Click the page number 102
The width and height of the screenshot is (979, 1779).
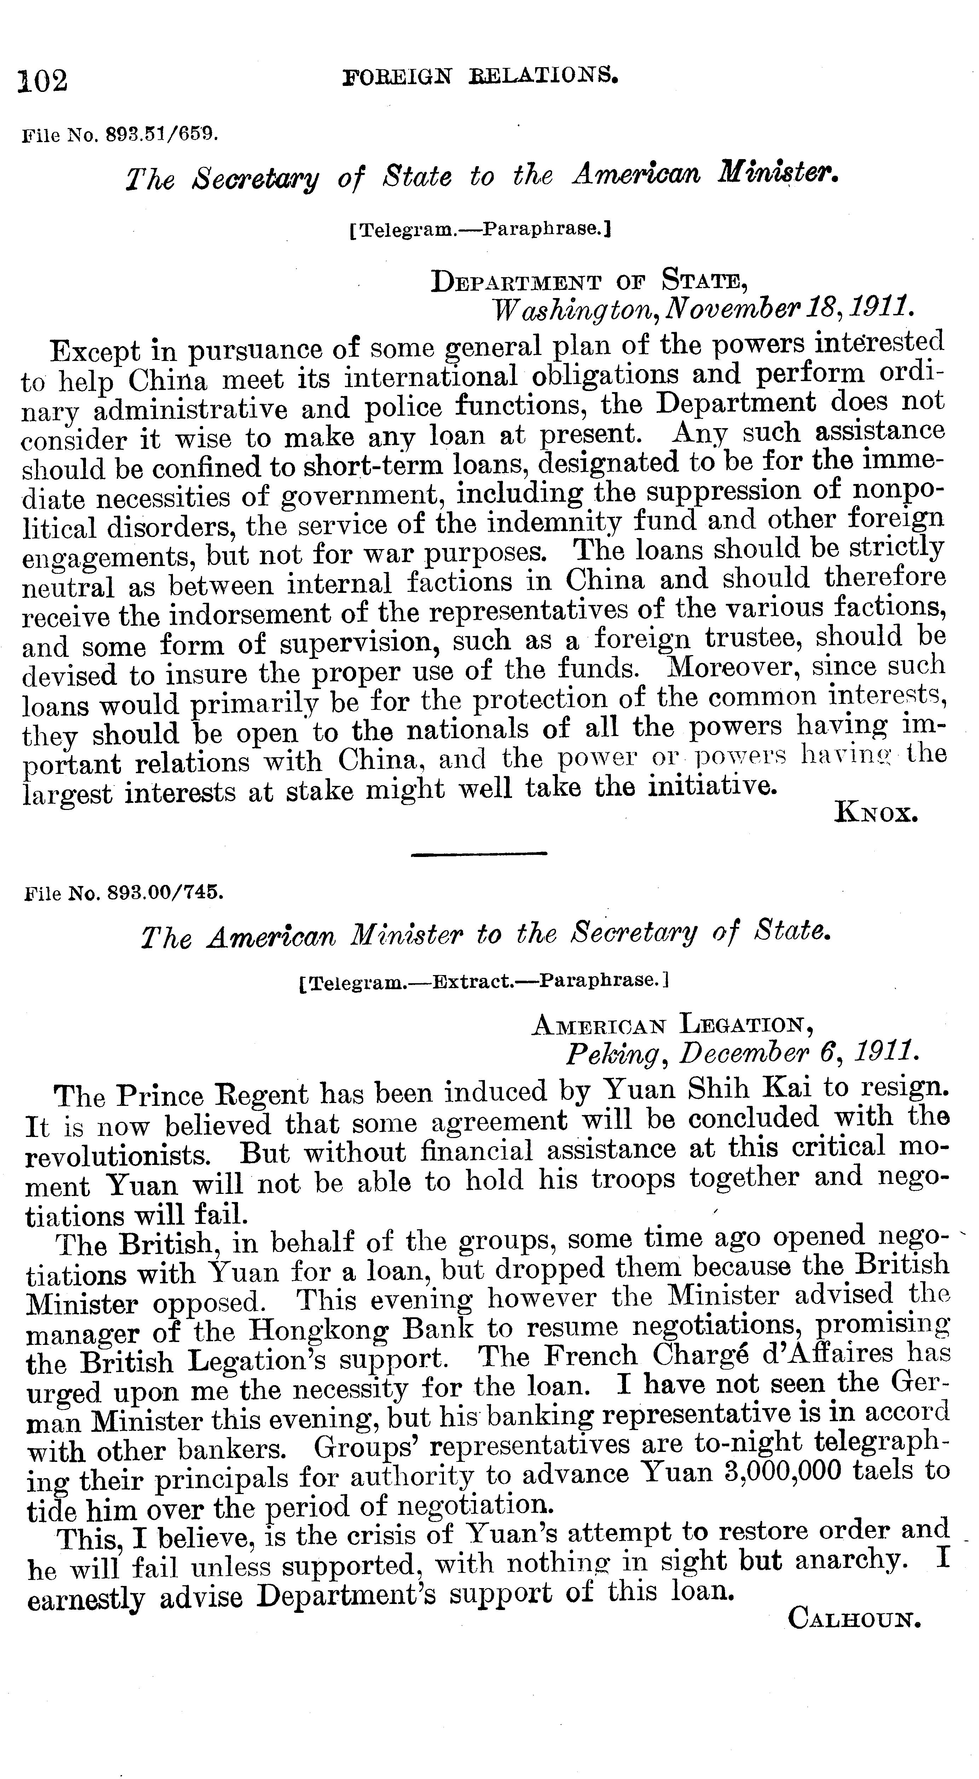point(43,81)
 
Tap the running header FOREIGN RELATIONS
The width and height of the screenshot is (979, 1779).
point(480,75)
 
